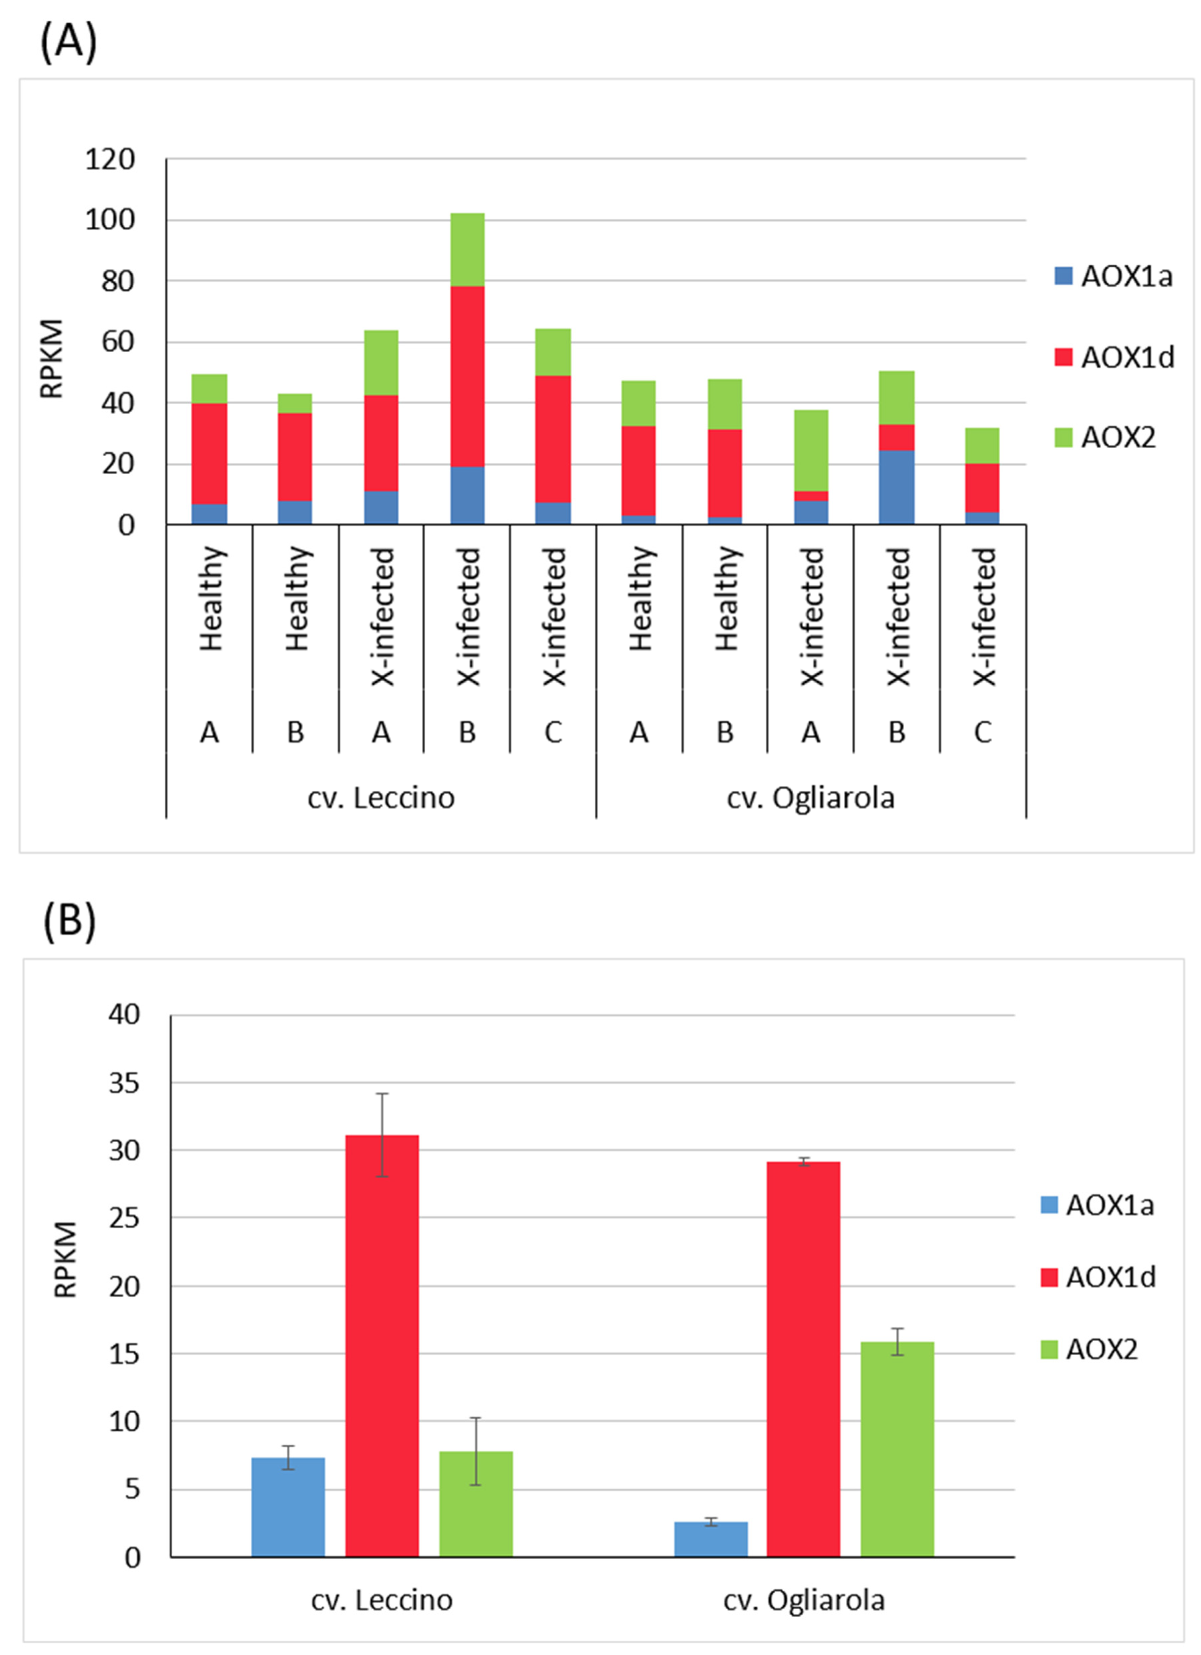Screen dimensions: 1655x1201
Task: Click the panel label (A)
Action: pos(68,42)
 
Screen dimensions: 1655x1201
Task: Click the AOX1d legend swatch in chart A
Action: pos(1063,357)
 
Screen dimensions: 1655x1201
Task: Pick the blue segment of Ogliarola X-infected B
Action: pos(896,487)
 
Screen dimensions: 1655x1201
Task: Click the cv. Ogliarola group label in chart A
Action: pos(810,797)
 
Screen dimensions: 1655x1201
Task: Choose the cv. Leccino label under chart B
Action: pos(382,1600)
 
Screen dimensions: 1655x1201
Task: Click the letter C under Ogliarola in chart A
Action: pos(983,732)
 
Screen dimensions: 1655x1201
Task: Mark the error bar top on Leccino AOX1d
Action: pos(382,1093)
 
